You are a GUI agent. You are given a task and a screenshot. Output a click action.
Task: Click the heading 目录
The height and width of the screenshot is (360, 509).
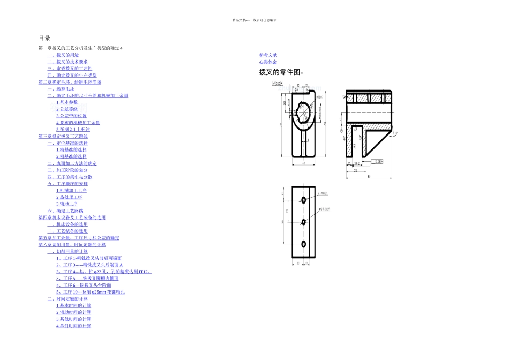click(44, 38)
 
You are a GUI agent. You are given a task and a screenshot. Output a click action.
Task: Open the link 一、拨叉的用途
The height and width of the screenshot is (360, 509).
click(63, 55)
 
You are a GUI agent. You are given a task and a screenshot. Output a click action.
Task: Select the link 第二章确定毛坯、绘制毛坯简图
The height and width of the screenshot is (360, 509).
click(70, 82)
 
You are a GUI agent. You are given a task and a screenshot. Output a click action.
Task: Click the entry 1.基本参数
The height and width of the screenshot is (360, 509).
click(67, 102)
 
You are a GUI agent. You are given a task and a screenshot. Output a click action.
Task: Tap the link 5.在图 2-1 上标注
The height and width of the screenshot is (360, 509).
click(73, 129)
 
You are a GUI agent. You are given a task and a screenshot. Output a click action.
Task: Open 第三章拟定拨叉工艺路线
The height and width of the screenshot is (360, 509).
click(63, 137)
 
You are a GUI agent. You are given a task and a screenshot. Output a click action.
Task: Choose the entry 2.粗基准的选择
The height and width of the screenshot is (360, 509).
click(71, 156)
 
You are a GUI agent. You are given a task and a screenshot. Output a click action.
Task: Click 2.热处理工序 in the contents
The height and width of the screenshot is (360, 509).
click(69, 197)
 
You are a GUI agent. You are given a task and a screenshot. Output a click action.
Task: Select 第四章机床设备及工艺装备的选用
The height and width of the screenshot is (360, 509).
click(72, 217)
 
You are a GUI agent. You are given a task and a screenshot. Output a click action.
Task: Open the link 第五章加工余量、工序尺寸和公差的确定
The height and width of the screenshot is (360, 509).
click(79, 238)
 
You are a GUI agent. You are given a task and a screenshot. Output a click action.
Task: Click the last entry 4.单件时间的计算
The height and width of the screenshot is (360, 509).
click(73, 326)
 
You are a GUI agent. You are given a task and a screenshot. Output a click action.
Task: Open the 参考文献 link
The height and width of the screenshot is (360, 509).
click(268, 55)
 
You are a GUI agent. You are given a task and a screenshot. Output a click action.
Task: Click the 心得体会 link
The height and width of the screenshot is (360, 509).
click(268, 62)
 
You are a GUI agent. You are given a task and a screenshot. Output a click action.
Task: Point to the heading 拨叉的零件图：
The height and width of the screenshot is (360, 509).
click(282, 72)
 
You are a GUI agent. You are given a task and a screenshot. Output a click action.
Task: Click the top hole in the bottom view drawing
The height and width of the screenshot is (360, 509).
click(304, 200)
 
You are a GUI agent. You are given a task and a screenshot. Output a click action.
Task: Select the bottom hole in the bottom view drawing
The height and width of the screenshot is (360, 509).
click(304, 244)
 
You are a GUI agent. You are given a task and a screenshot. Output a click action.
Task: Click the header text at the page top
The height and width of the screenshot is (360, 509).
click(254, 20)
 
